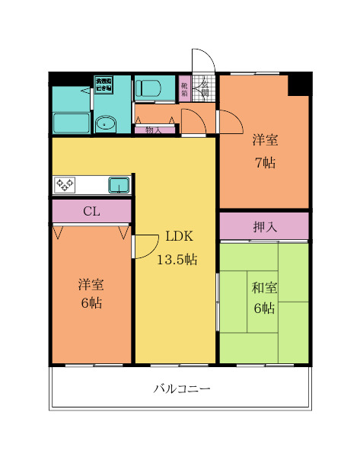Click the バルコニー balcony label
click(x=181, y=388)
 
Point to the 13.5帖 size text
click(x=177, y=260)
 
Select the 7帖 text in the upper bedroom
click(x=265, y=162)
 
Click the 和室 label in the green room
click(x=264, y=287)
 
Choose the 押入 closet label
click(x=264, y=226)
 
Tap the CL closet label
click(x=91, y=211)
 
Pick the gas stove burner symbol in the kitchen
click(x=64, y=184)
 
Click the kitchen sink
click(x=119, y=184)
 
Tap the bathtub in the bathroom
click(x=71, y=123)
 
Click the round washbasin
click(x=105, y=123)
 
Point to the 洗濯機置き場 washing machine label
click(x=104, y=85)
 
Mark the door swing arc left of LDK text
click(x=143, y=248)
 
